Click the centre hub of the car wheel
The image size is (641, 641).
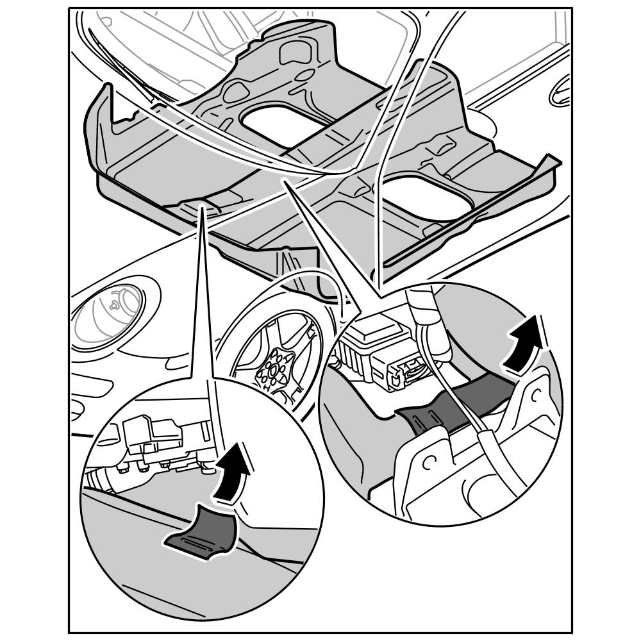[274, 370]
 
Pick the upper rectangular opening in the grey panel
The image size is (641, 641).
[276, 123]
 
